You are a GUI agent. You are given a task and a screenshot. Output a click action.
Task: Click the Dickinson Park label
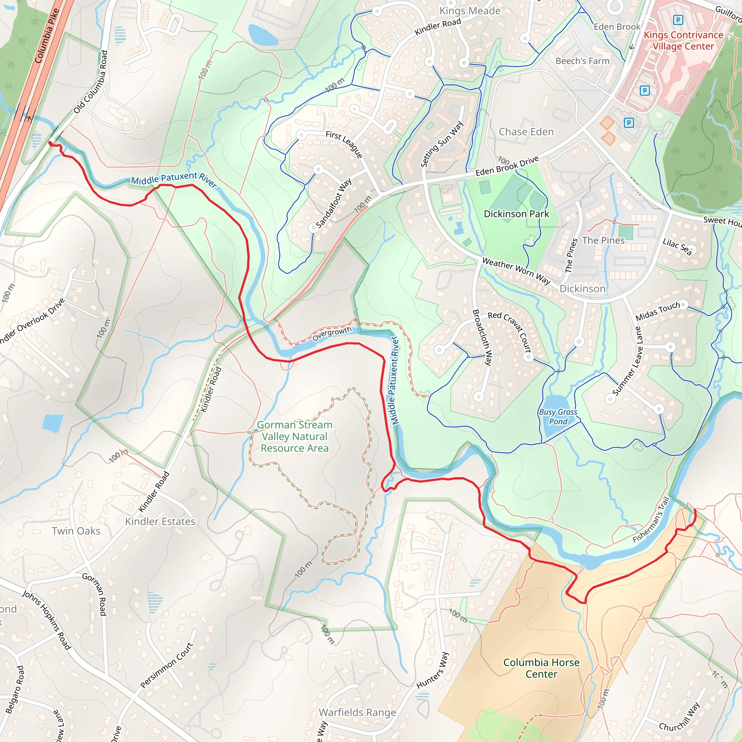(516, 214)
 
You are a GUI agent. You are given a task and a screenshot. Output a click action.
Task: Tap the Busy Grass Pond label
(558, 417)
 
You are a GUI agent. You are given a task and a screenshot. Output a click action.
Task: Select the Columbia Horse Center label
(541, 668)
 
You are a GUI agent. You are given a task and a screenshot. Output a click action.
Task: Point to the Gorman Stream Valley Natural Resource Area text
(295, 436)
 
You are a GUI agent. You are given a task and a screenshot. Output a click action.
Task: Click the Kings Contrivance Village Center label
(683, 40)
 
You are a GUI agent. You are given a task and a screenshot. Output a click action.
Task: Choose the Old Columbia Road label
(91, 82)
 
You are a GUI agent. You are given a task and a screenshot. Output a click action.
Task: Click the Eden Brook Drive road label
(507, 166)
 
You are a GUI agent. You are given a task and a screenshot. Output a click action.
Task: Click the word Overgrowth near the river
(332, 334)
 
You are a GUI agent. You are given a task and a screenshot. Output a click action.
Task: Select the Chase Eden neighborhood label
(526, 132)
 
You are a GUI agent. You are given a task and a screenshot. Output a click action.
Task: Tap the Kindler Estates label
(160, 522)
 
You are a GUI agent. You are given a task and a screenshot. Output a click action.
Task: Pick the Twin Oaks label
(76, 531)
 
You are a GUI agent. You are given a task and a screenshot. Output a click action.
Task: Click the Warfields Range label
(357, 712)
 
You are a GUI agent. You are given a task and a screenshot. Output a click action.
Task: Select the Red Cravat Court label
(510, 332)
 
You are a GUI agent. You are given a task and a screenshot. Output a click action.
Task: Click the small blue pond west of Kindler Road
(53, 423)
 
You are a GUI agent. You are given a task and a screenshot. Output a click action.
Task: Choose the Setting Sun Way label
(442, 144)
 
